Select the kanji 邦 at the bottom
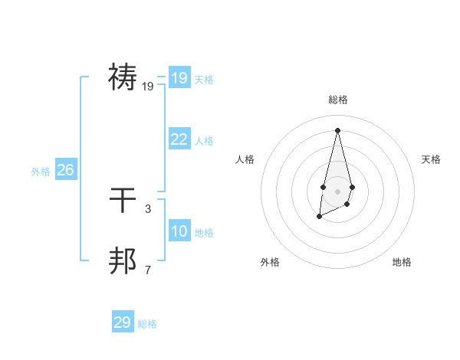pyautogui.click(x=123, y=260)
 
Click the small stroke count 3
pyautogui.click(x=148, y=208)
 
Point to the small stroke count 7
pyautogui.click(x=148, y=270)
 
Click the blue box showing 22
pyautogui.click(x=179, y=139)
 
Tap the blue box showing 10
pyautogui.click(x=179, y=231)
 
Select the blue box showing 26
pyautogui.click(x=65, y=170)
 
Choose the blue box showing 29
pyautogui.click(x=123, y=322)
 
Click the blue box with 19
pyautogui.click(x=179, y=77)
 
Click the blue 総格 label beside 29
pyautogui.click(x=147, y=324)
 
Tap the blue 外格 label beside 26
pyautogui.click(x=41, y=172)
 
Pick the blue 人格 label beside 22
pyautogui.click(x=204, y=141)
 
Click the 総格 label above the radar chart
pyautogui.click(x=338, y=100)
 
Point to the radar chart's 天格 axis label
pyautogui.click(x=432, y=159)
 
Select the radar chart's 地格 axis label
pyautogui.click(x=402, y=262)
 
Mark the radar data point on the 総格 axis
pyautogui.click(x=338, y=129)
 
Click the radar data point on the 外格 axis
pyautogui.click(x=319, y=218)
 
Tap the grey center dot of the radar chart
pyautogui.click(x=338, y=191)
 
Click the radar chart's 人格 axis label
pyautogui.click(x=245, y=159)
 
